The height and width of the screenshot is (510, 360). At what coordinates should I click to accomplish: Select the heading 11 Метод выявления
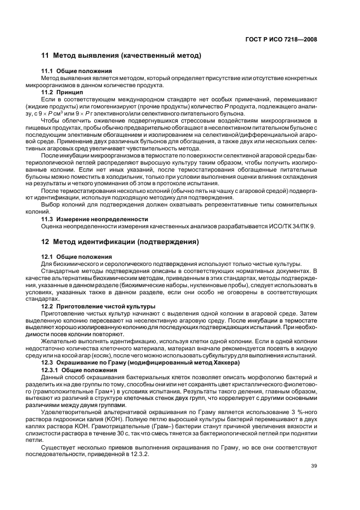pos(121,56)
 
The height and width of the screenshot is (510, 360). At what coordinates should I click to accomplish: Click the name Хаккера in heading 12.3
pos(203,363)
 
